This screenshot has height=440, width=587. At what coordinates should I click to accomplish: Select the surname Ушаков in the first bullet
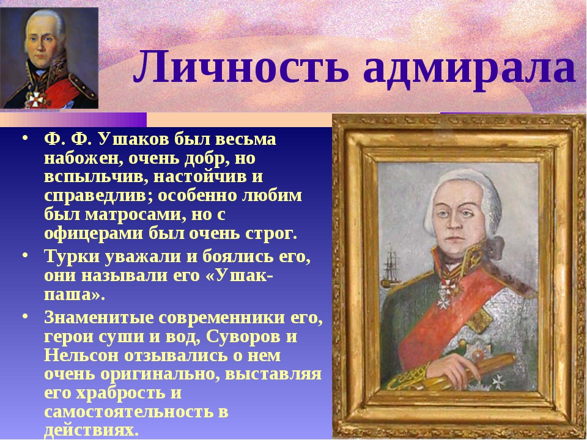tap(134, 139)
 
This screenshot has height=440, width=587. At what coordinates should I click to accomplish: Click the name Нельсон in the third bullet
tap(81, 355)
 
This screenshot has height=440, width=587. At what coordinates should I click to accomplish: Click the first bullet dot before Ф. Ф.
tap(24, 137)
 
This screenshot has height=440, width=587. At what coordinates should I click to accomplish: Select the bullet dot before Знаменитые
tap(24, 316)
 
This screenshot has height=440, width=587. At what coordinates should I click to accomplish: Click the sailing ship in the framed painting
tap(391, 268)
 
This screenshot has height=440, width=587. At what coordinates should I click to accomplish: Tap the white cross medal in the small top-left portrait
tap(37, 100)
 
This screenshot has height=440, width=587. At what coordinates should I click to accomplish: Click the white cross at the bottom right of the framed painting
tap(500, 381)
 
